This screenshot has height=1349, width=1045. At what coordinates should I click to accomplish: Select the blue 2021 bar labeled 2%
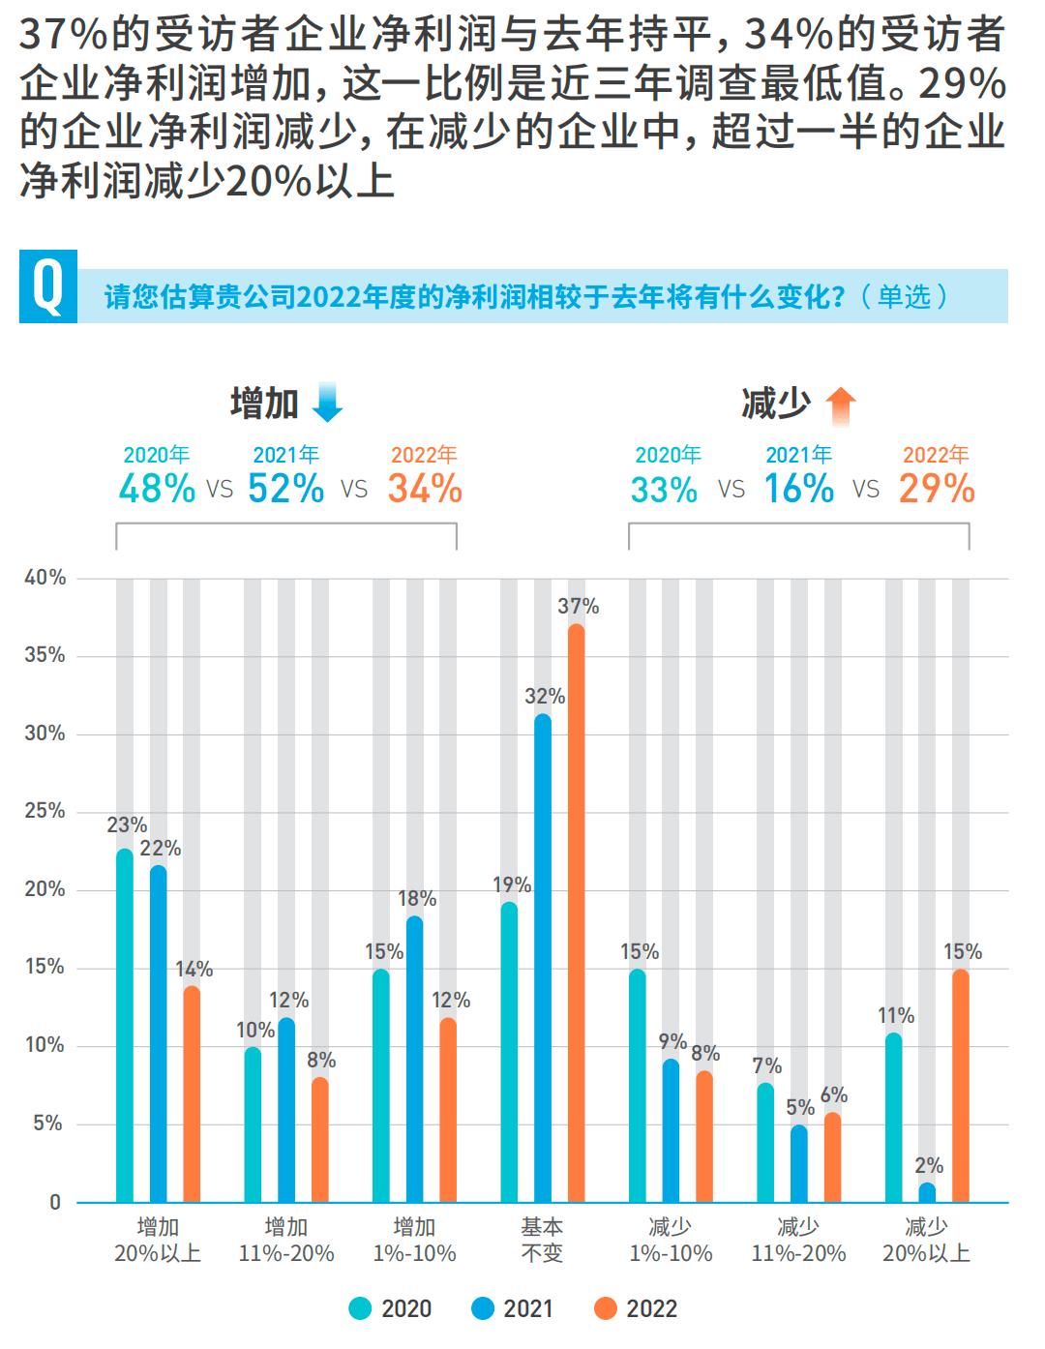[927, 1192]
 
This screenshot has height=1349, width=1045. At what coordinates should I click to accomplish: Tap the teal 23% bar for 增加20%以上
[125, 1026]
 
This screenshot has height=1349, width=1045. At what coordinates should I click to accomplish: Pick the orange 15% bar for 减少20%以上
[960, 1086]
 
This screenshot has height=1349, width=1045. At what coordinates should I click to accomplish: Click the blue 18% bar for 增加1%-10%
[414, 1060]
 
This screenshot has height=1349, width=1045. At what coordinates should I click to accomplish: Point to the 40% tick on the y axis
[45, 578]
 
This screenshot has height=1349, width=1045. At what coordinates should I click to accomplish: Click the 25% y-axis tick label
[45, 811]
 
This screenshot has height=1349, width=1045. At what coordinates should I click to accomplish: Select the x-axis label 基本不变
[542, 1240]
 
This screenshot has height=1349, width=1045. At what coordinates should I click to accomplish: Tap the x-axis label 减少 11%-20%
[798, 1240]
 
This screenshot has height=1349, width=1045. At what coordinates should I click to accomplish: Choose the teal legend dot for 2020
[361, 1309]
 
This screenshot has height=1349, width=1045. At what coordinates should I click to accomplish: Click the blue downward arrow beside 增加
[328, 403]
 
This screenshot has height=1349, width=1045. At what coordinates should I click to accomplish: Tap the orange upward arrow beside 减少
[840, 405]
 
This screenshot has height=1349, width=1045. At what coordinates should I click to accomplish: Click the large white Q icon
[47, 286]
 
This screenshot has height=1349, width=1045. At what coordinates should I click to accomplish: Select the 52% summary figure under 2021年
[286, 489]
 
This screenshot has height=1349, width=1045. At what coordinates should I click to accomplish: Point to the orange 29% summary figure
[936, 489]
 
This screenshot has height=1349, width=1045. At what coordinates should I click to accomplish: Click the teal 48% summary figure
[157, 489]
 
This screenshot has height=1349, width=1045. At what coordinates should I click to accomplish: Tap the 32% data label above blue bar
[545, 697]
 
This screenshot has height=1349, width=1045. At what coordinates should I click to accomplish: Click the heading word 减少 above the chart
[775, 404]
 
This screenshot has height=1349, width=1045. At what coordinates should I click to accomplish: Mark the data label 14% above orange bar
[194, 970]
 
